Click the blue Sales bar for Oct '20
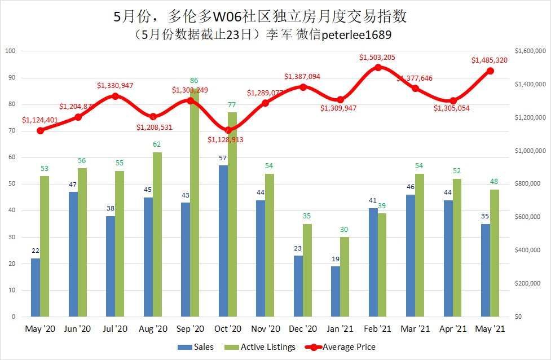pyautogui.click(x=223, y=241)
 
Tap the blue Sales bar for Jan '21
pyautogui.click(x=336, y=291)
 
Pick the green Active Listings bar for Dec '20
pyautogui.click(x=307, y=270)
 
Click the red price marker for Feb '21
pyautogui.click(x=378, y=67)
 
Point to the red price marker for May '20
pyautogui.click(x=40, y=130)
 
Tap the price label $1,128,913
pyautogui.click(x=225, y=139)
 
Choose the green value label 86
pyautogui.click(x=195, y=81)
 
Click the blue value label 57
pyautogui.click(x=223, y=158)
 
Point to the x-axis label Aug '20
pyautogui.click(x=153, y=328)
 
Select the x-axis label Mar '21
pyautogui.click(x=415, y=328)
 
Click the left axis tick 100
pyautogui.click(x=9, y=51)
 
